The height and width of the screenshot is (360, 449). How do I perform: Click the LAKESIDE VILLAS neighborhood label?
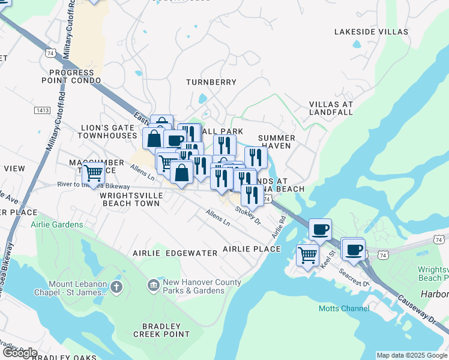[370, 31]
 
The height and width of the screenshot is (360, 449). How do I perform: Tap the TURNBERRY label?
[211, 82]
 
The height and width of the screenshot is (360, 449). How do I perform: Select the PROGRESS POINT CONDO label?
[71, 76]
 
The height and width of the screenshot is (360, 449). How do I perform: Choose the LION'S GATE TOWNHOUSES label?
[109, 132]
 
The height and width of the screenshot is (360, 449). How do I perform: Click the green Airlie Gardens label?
[57, 224]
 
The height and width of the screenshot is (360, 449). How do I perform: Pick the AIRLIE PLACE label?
[252, 248]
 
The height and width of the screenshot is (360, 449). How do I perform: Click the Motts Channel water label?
[344, 308]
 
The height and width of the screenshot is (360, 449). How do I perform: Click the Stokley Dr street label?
[249, 215]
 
